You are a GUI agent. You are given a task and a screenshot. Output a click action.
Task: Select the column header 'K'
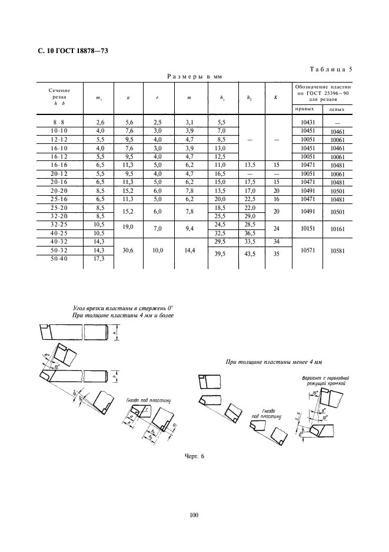point(275,97)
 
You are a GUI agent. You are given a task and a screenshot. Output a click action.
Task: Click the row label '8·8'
point(59,121)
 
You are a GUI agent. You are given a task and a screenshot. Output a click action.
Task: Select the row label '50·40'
point(59,259)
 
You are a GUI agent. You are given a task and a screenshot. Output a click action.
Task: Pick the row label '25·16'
point(59,201)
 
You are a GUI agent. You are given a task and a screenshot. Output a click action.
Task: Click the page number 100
point(194,515)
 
